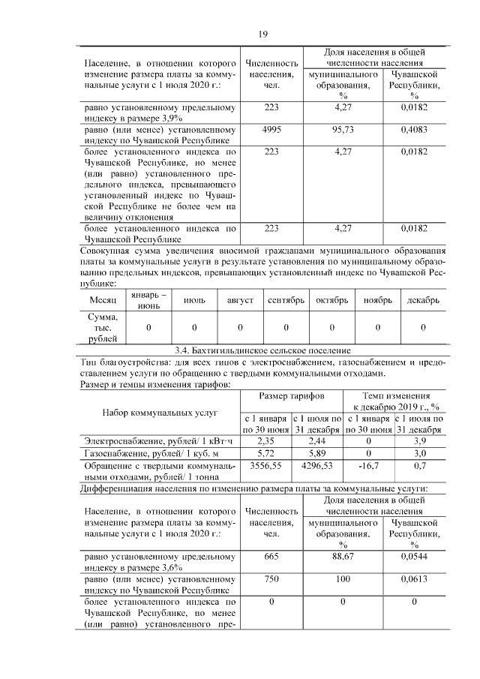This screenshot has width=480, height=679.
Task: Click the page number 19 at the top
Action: click(262, 34)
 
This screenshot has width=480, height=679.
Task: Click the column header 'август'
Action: click(240, 300)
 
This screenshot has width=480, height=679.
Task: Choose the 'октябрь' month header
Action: click(331, 300)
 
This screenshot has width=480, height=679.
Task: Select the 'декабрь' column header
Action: click(423, 300)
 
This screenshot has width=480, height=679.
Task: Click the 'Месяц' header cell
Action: click(103, 300)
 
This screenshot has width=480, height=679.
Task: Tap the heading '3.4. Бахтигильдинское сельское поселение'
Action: click(262, 350)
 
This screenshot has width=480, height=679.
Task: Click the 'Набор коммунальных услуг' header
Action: click(160, 412)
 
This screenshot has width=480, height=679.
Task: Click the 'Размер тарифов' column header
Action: click(291, 395)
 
